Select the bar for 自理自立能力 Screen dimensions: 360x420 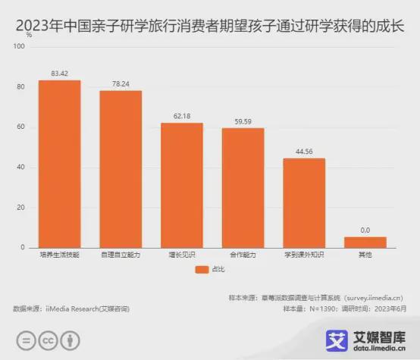pos(121,169)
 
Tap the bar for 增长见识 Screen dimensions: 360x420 pos(181,185)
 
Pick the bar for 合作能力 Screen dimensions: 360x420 pos(243,188)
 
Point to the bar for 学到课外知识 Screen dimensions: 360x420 pos(304,202)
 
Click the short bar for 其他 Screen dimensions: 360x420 pos(365,243)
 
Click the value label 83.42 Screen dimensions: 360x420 pos(59,74)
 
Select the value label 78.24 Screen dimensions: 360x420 pos(121,84)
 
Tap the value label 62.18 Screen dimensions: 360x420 pos(181,116)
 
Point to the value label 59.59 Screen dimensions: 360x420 pos(243,121)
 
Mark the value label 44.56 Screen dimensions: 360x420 pos(304,152)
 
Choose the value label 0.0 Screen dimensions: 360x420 pos(365,230)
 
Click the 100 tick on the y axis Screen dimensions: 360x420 pos(19,47)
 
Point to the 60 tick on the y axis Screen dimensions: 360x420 pos(20,127)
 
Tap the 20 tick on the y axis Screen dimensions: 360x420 pos(20,208)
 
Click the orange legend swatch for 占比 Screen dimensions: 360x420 pos(201,269)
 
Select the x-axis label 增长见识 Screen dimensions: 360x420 pos(181,255)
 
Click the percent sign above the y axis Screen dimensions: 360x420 pos(29,35)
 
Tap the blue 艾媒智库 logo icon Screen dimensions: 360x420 pos(335,340)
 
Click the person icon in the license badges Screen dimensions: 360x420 pos(71,339)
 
